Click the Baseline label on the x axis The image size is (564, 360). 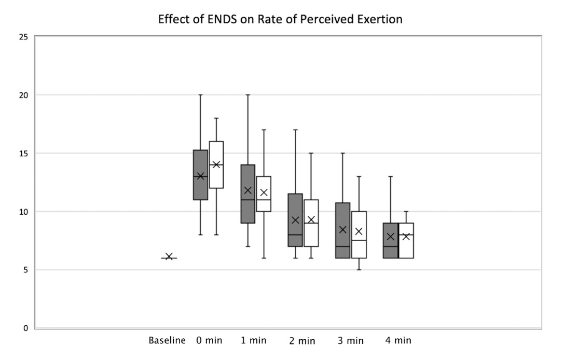click(x=167, y=341)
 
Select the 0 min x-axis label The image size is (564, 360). click(x=209, y=341)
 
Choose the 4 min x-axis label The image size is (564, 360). click(x=398, y=341)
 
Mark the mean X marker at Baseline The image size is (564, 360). click(x=169, y=257)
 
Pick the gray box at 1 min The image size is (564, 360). click(x=247, y=207)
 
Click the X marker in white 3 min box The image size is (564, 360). click(x=359, y=231)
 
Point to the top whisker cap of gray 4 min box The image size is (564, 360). click(x=391, y=177)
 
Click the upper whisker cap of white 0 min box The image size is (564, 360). click(x=216, y=118)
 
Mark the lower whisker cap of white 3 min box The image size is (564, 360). click(x=359, y=270)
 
